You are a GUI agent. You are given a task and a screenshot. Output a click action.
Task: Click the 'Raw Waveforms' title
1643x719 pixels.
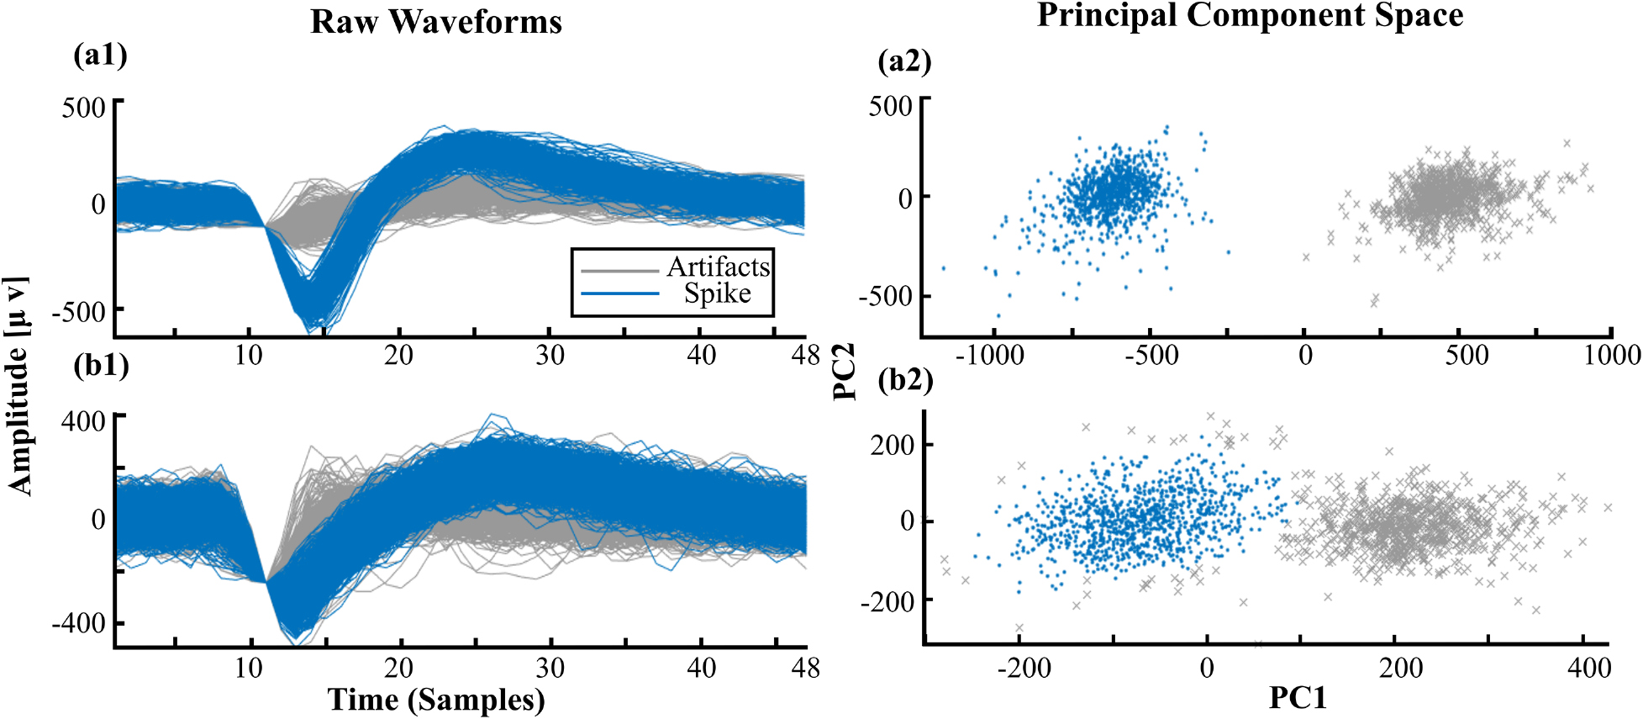(435, 21)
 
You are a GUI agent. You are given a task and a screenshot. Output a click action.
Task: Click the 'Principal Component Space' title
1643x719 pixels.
(1250, 15)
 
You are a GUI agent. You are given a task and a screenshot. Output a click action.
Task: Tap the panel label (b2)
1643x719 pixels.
(904, 380)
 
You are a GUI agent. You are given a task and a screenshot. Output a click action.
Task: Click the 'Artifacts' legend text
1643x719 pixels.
(718, 267)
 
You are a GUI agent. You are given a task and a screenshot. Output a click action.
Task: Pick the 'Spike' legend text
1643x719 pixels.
(717, 293)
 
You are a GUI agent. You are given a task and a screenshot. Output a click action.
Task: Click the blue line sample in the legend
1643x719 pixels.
(619, 293)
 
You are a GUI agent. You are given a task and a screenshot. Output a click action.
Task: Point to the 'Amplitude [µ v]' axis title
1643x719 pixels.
(18, 384)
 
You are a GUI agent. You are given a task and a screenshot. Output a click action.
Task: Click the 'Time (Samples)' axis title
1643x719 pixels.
(435, 699)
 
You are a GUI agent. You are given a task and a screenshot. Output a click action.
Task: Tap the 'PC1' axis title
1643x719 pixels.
(1297, 697)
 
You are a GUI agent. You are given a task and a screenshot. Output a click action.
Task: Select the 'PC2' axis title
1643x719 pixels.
(843, 371)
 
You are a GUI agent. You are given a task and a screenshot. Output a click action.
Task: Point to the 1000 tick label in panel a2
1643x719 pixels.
(1612, 355)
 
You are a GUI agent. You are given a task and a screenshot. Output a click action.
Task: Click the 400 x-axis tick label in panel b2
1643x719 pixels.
(1588, 669)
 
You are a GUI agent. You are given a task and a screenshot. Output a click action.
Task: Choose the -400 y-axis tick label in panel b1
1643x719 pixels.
(78, 624)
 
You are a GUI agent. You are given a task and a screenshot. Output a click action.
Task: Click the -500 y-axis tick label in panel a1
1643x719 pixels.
(78, 312)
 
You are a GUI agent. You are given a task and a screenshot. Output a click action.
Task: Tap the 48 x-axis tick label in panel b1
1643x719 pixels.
(804, 669)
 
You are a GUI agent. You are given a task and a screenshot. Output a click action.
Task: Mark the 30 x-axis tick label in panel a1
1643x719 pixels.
(550, 355)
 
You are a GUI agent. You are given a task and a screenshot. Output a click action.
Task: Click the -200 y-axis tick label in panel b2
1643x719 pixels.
(887, 601)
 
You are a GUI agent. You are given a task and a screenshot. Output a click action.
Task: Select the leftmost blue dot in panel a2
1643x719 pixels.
(943, 268)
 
